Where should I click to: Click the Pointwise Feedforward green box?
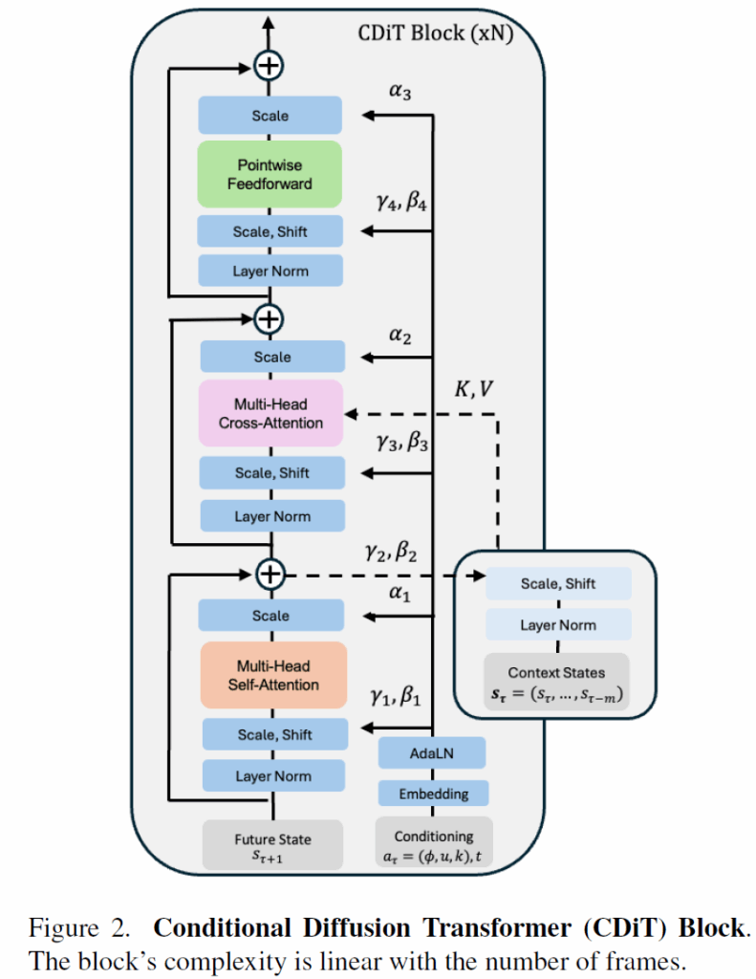click(270, 174)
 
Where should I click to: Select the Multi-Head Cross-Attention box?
click(271, 413)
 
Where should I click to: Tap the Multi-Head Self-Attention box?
click(272, 675)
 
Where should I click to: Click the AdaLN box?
click(432, 752)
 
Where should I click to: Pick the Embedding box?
click(432, 794)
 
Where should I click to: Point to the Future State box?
click(272, 845)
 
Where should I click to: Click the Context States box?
click(557, 682)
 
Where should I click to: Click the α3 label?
click(402, 93)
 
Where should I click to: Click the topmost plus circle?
click(270, 66)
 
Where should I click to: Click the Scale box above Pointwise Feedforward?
click(270, 116)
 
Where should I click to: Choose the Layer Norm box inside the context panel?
click(557, 625)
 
